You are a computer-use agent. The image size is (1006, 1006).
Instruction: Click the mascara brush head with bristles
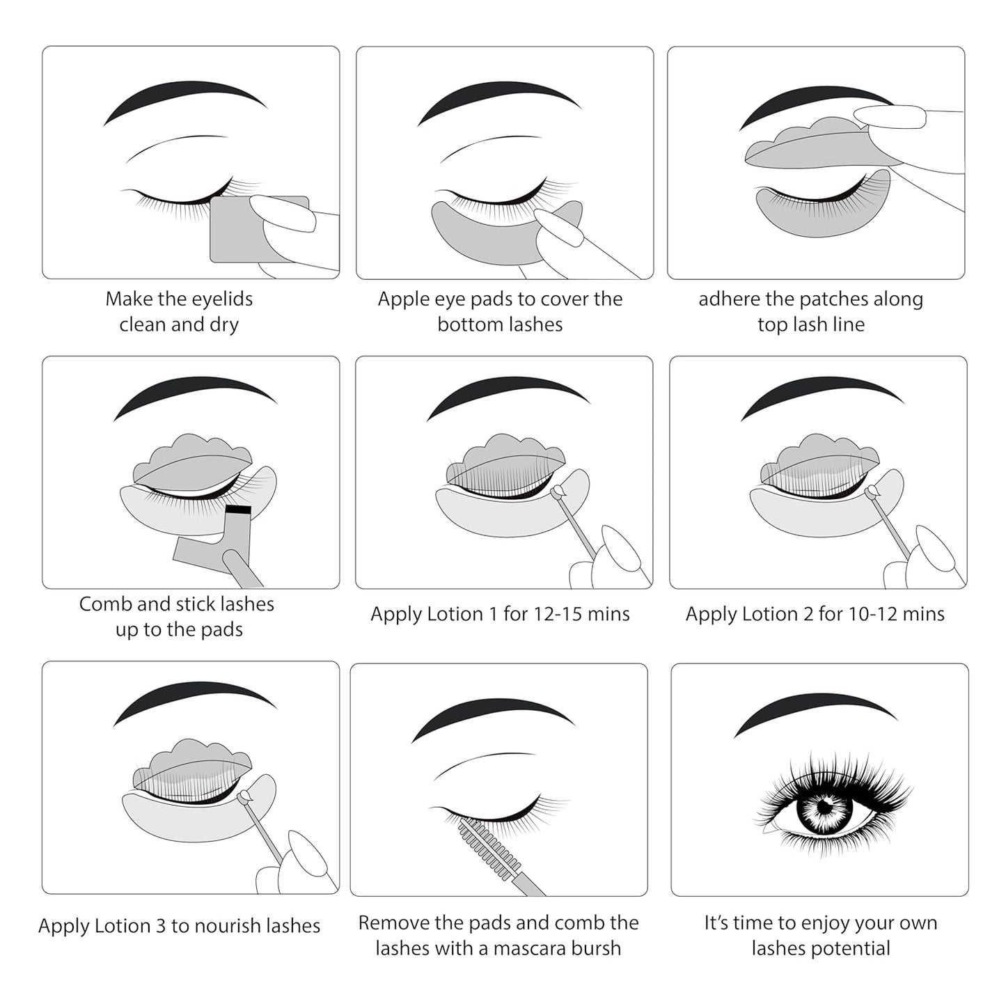tap(488, 848)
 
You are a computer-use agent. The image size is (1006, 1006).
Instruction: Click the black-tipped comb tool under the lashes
tap(238, 510)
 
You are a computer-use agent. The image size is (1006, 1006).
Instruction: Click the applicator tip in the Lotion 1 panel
tap(556, 493)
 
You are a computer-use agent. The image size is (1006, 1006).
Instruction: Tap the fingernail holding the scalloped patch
tap(889, 116)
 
